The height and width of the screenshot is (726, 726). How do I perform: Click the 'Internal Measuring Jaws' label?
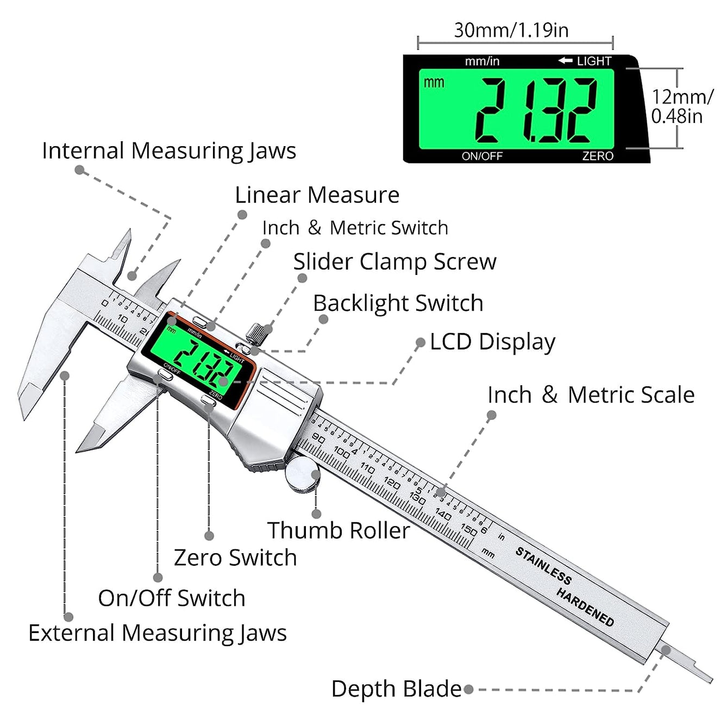pos(169,151)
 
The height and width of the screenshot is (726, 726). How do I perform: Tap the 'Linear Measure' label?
pos(317,195)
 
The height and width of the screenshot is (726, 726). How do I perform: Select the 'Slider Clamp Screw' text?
pos(395,261)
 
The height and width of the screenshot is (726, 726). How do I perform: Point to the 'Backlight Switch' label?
pos(398,303)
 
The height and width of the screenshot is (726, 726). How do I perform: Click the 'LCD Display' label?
pos(492,342)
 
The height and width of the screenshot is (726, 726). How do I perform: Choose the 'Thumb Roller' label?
pos(338,530)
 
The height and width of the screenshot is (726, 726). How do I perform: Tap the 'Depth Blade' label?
pos(396,689)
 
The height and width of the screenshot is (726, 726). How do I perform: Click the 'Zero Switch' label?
pos(235,558)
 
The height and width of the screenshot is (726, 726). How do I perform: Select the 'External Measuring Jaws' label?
pos(158,633)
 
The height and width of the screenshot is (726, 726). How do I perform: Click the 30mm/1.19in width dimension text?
pos(511,30)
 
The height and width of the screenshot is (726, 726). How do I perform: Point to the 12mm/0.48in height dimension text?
pos(681,107)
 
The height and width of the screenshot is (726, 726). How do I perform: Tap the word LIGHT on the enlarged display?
pos(593,61)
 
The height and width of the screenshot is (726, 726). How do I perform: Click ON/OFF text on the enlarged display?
pos(482,156)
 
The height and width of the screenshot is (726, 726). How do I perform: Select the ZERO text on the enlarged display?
pos(598,156)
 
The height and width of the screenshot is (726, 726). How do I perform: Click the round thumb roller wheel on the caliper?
pos(303,474)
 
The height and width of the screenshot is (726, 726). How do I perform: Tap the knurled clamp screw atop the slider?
pos(259,333)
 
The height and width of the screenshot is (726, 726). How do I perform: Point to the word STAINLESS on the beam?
pos(543,566)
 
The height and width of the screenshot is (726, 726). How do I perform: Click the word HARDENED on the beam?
pos(585,607)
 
